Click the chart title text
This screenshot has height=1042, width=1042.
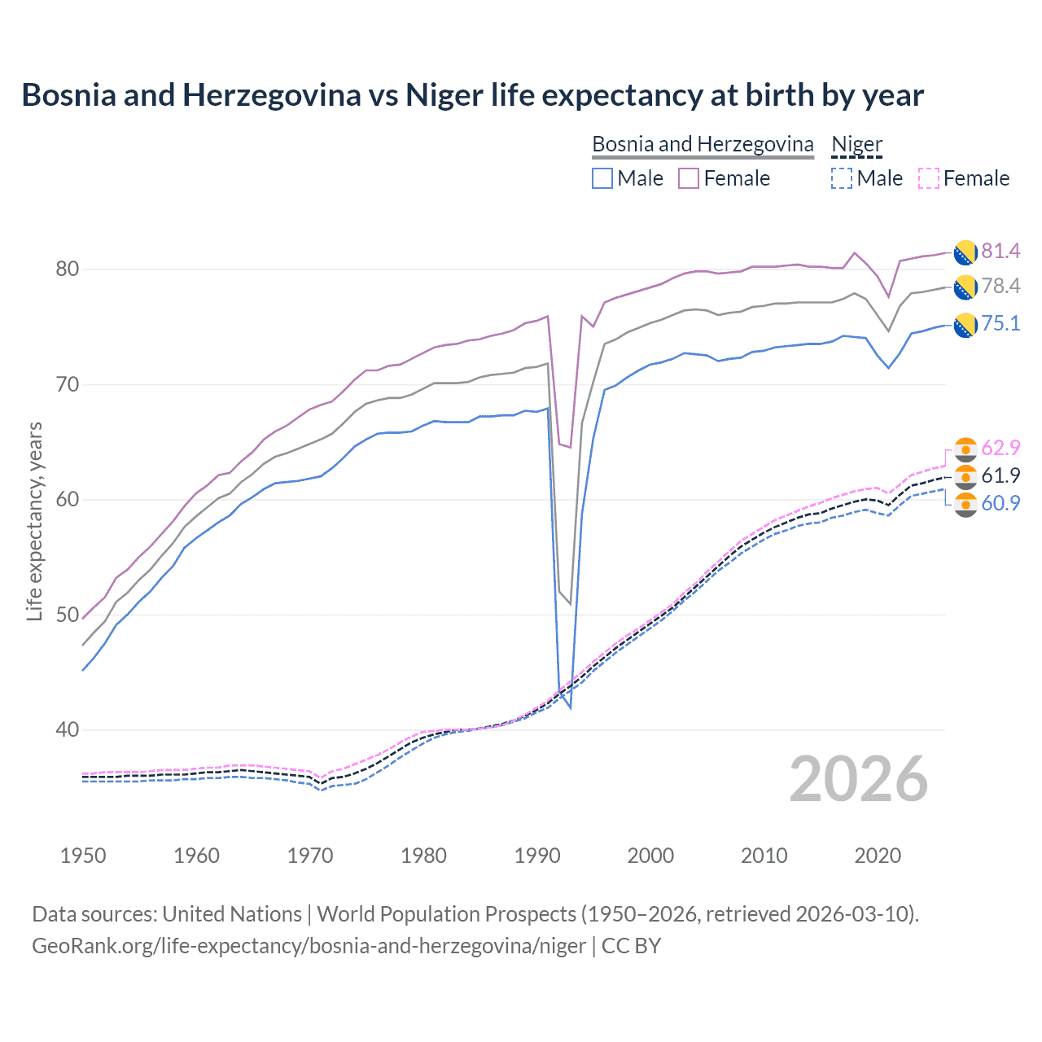[472, 95]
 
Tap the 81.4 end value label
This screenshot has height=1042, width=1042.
[1000, 251]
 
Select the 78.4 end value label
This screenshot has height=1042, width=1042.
[1000, 286]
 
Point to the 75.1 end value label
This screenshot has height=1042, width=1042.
[1000, 323]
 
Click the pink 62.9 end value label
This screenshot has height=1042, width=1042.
[1000, 448]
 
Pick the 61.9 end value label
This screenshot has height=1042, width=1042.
[1000, 475]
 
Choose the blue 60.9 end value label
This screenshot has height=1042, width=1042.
[1000, 503]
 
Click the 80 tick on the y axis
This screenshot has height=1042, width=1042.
[68, 269]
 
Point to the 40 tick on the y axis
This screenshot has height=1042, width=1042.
[68, 729]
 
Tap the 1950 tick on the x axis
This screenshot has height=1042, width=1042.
[83, 856]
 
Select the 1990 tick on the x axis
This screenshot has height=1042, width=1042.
[537, 856]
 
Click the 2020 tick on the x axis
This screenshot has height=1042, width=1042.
[878, 856]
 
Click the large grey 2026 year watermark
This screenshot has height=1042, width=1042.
[859, 779]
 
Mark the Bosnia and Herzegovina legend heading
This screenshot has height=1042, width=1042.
[703, 144]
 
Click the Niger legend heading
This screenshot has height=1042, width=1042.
[856, 144]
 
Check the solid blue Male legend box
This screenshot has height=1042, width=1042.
[602, 178]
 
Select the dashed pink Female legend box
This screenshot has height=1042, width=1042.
[929, 178]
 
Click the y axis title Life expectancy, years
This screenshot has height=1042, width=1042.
[34, 521]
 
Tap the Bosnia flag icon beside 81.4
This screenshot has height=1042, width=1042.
[965, 252]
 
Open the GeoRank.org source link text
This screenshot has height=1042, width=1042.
[309, 946]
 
